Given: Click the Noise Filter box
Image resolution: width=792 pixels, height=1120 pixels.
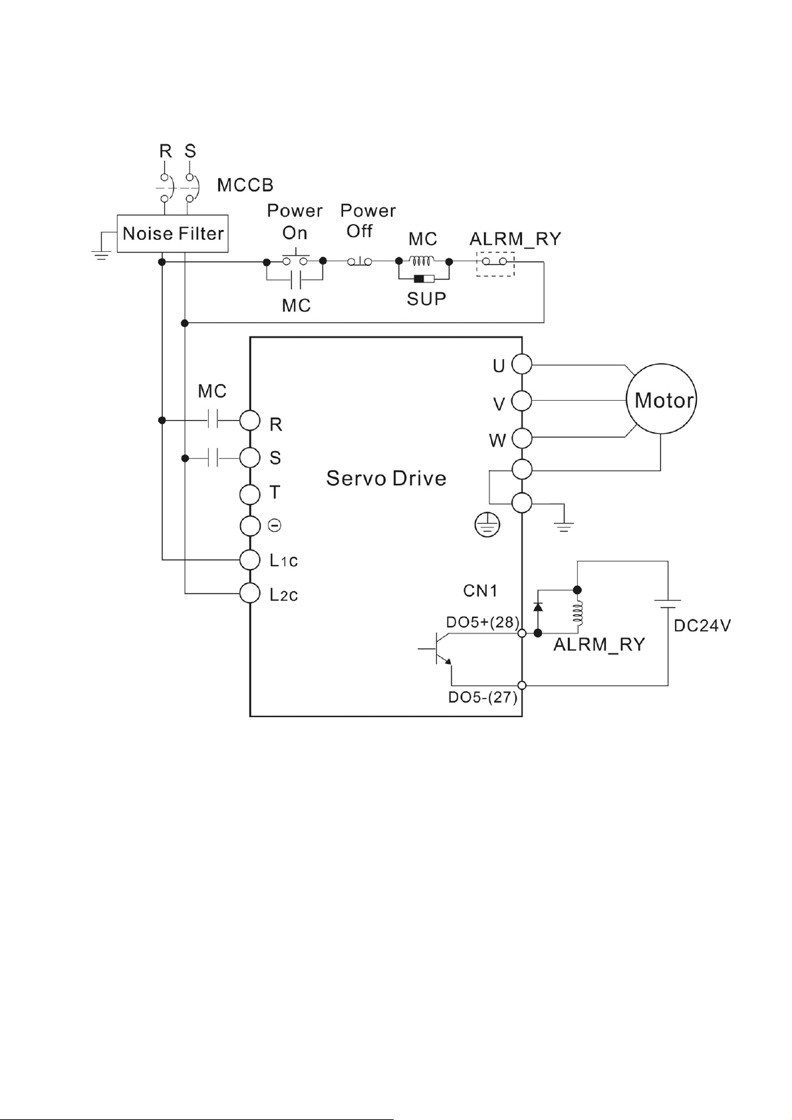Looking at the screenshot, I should [x=173, y=233].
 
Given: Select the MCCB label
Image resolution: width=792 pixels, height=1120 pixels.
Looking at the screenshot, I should [x=245, y=185].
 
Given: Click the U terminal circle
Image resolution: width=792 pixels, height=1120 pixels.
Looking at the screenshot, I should [x=522, y=364].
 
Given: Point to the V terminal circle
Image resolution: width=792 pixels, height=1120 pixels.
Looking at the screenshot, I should [x=522, y=401].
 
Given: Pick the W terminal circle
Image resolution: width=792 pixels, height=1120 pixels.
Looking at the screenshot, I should [x=522, y=438].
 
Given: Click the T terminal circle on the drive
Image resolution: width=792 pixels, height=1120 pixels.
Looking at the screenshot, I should [x=249, y=495].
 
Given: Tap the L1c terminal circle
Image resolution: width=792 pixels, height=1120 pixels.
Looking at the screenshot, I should [x=249, y=560].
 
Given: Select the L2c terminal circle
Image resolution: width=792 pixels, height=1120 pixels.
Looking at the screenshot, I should [x=249, y=592].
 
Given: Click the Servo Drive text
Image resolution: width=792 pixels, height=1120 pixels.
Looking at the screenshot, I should [x=386, y=479].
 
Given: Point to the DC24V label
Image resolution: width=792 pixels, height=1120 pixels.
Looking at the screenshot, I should [x=702, y=626].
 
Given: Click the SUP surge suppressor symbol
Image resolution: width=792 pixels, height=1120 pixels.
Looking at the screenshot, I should [x=424, y=279].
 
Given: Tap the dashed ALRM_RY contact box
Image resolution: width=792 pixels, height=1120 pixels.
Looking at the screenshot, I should [x=495, y=263].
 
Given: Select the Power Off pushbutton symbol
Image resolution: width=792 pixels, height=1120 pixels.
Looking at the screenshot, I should [x=359, y=263].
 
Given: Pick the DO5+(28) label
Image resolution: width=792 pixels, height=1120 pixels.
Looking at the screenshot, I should [x=482, y=621].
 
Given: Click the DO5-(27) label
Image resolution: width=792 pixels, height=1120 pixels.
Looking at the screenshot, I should [x=482, y=698].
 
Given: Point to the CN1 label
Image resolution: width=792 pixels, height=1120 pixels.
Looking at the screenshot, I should [x=480, y=590].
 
